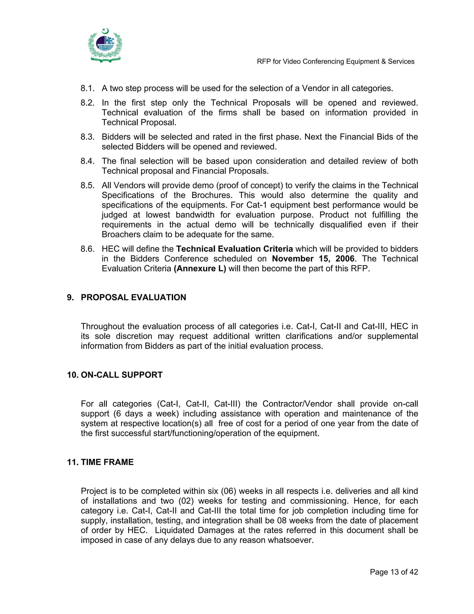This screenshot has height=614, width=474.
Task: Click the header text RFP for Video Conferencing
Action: point(335,62)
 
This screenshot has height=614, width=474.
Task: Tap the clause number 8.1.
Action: point(87,88)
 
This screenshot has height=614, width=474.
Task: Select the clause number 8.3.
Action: point(87,137)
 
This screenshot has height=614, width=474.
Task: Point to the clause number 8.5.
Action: point(87,186)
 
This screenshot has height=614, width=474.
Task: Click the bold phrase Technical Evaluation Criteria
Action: point(234,249)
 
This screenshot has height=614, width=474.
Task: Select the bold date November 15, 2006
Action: point(313,259)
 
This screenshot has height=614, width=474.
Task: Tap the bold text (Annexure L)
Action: point(200,269)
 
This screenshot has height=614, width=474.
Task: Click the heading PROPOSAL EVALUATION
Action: point(133,298)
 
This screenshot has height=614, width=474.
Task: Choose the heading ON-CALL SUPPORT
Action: point(121,375)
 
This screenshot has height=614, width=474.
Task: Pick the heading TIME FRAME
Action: point(107,462)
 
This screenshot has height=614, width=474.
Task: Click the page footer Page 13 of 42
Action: point(394,572)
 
